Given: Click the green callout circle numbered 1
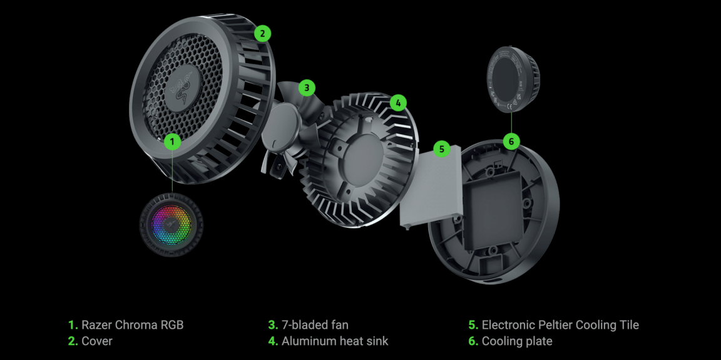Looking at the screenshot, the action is point(173,142).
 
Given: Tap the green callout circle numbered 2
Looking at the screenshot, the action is point(263,34).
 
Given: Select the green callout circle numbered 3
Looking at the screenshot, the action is point(307,88).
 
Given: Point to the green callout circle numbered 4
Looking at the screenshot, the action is point(398,103).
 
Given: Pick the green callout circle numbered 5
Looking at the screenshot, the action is point(442,148).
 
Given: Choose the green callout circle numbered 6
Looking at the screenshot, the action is point(511,141).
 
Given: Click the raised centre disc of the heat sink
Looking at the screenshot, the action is point(362,154).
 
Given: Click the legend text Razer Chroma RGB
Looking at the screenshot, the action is point(133,325).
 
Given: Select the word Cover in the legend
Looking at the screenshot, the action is point(97,341).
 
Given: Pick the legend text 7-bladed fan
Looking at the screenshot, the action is point(315,325).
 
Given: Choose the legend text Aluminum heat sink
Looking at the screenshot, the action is point(335,341).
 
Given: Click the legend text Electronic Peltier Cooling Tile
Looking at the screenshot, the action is point(561,325).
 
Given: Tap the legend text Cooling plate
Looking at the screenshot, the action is point(517,341).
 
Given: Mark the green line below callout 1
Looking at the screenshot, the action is point(173,171).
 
